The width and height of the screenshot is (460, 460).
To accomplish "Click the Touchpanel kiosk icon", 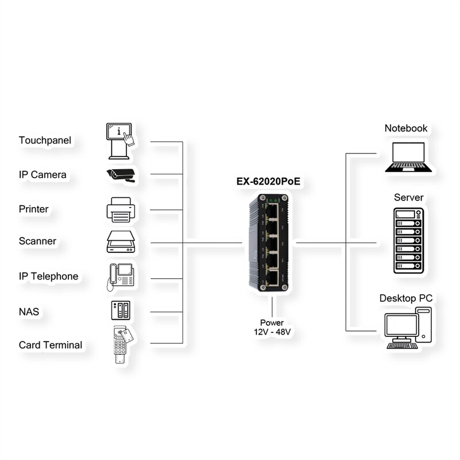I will (x=120, y=140).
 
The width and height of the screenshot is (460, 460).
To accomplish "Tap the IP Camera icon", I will (x=120, y=175).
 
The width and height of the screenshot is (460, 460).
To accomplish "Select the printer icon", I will (x=120, y=209).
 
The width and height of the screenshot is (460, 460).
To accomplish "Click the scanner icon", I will (x=120, y=242).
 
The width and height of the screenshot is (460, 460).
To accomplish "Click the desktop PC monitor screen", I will (x=401, y=327).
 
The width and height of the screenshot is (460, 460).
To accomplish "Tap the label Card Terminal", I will (x=51, y=345).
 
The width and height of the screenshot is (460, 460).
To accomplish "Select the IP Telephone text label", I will (x=48, y=277).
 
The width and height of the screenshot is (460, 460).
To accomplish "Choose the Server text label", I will (x=408, y=198).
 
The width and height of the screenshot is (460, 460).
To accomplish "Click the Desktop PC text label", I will (x=406, y=298).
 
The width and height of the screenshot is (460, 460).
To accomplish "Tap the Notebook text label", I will (x=406, y=128).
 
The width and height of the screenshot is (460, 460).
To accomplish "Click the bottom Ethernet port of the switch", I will (x=277, y=279).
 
